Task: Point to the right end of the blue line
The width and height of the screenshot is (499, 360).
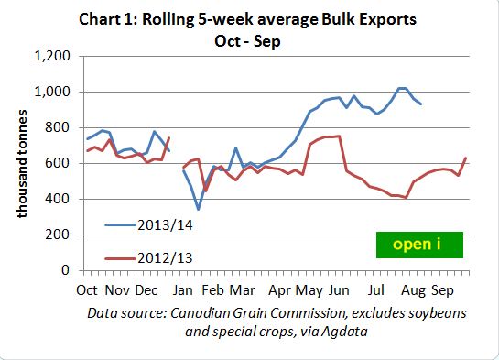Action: [x=421, y=104]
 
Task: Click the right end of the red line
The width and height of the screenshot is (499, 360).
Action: [x=467, y=158]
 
